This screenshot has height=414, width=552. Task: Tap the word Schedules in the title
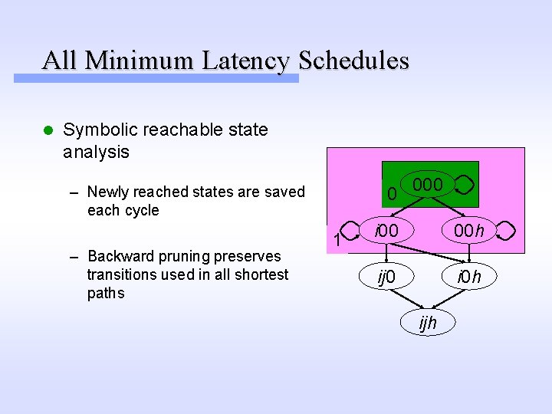pos(354,60)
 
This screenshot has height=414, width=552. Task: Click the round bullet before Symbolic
pos(48,130)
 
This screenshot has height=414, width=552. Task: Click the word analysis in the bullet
pos(96,152)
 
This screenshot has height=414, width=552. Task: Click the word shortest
pos(258,274)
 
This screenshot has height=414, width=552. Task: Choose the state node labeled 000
pos(427,185)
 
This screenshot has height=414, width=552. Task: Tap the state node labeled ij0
pos(386,276)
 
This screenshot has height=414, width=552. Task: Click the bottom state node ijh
pos(428,323)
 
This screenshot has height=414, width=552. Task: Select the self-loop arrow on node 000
pos(465,185)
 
